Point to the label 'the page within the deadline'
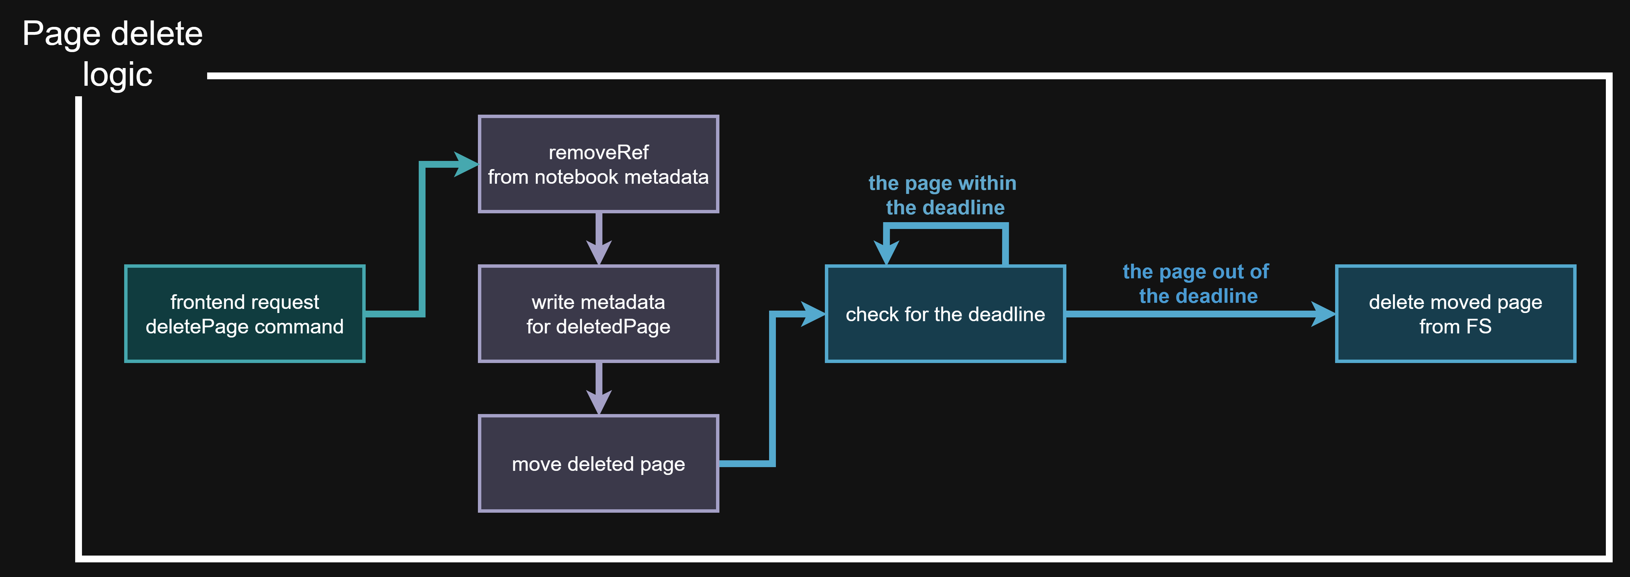click(x=943, y=195)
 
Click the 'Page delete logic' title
click(x=113, y=54)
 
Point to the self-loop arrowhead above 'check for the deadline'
click(x=886, y=253)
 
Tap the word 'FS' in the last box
click(x=1479, y=327)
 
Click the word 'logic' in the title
click(x=118, y=75)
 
